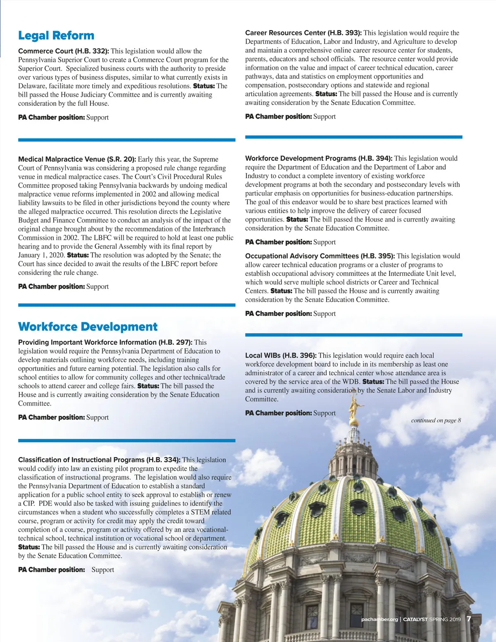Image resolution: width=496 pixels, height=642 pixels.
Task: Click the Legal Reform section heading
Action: (x=56, y=36)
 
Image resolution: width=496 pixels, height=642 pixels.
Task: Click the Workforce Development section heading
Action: (x=88, y=327)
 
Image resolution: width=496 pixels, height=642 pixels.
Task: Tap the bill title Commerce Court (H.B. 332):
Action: (x=64, y=51)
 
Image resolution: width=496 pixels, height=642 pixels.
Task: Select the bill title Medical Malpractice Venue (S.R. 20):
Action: (x=77, y=159)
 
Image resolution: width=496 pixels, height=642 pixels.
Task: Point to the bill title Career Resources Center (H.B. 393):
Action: (x=303, y=33)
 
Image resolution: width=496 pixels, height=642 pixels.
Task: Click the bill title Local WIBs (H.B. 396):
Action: (x=281, y=356)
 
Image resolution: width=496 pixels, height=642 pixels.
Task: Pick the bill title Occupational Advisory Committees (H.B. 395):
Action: (x=320, y=256)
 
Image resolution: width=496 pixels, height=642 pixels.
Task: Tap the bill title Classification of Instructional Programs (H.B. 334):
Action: (x=99, y=460)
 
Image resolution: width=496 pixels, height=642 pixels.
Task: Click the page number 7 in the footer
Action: (x=469, y=619)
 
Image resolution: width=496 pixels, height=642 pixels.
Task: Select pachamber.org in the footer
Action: (x=379, y=619)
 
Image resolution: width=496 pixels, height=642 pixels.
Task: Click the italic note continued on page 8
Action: (x=436, y=420)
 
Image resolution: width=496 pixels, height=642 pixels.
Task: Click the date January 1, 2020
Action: (x=41, y=255)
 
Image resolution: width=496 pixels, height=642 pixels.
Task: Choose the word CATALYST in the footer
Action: (x=415, y=619)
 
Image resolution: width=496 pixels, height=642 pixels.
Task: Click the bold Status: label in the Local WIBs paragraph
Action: (x=373, y=382)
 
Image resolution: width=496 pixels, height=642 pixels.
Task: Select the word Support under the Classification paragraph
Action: (x=103, y=570)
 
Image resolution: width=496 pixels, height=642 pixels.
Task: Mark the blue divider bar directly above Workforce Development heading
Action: (x=126, y=305)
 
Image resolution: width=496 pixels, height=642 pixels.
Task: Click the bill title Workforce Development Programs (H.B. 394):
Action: (x=319, y=158)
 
